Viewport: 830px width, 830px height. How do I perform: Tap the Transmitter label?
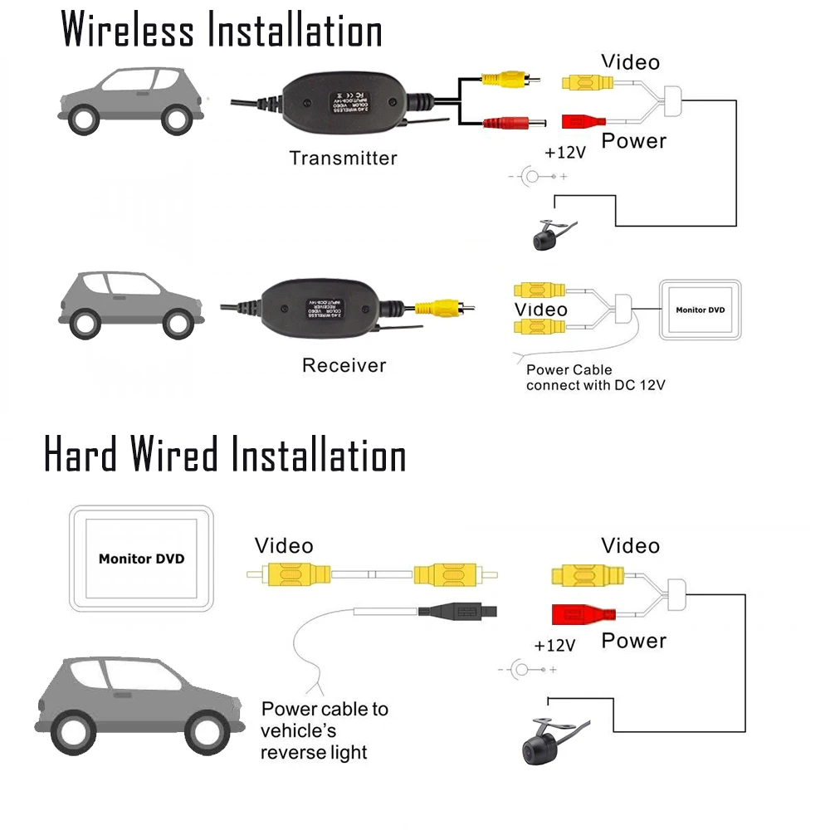point(343,158)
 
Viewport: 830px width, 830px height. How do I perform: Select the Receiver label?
point(344,365)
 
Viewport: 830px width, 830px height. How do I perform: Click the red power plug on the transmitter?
point(515,124)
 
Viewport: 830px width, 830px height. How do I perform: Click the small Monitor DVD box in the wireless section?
point(700,310)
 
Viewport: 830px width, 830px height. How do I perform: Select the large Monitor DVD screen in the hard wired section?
point(142,559)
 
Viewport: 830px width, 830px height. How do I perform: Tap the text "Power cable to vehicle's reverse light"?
point(324,730)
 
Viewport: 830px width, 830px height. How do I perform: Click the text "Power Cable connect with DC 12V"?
point(595,378)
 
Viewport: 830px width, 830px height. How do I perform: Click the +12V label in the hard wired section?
point(554,645)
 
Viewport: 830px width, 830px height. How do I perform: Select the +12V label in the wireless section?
point(565,153)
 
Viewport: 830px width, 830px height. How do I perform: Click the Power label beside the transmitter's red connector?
point(633,141)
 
